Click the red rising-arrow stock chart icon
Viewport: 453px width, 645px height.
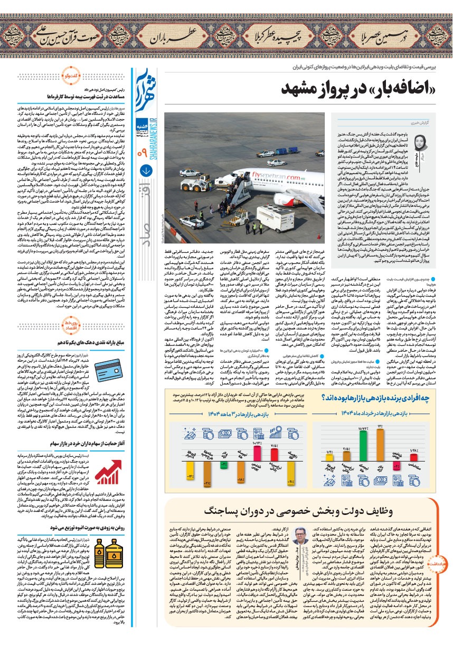(x=109, y=472)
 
